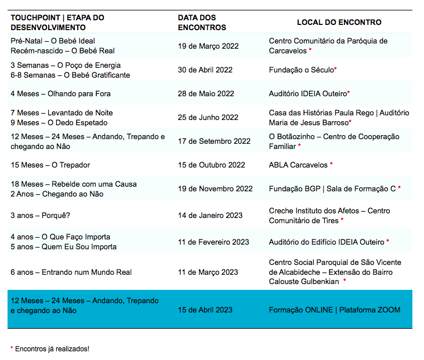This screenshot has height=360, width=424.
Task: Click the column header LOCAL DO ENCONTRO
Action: coord(339,22)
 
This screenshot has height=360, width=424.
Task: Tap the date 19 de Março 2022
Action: coord(208,46)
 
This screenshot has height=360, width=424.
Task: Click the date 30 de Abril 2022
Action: coord(205,70)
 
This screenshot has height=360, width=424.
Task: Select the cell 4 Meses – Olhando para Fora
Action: coord(60,93)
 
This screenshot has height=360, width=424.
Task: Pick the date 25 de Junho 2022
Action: coord(208,117)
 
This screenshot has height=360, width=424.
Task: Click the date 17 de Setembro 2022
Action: coord(214,141)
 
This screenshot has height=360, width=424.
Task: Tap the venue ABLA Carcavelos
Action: coord(298,165)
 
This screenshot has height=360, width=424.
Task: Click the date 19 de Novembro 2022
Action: coord(215,188)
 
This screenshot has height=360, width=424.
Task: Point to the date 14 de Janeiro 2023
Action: coord(210,216)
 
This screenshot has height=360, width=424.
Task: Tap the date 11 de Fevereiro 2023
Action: coord(213,242)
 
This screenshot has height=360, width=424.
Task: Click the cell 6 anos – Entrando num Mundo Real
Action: coord(71,272)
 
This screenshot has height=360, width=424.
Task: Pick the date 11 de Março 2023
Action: coord(208,272)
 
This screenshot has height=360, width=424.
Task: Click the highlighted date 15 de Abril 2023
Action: coord(205,310)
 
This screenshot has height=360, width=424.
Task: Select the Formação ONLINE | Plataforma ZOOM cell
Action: coord(335,310)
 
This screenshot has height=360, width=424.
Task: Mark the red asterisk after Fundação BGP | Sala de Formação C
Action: coord(400,188)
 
